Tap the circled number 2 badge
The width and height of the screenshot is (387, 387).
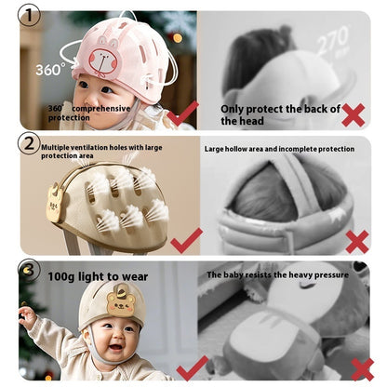coord(30,144)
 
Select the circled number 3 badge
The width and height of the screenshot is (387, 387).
coord(30,271)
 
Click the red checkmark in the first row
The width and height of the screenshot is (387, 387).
coord(184,114)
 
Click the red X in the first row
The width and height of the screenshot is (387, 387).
coord(353,115)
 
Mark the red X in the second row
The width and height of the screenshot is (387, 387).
coord(356,242)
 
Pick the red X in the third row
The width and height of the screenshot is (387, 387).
coord(362,367)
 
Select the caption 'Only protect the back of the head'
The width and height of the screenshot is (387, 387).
coord(280,114)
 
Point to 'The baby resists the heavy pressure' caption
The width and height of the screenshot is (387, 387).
coord(277,275)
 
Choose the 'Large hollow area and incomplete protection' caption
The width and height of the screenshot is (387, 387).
coord(279,149)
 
